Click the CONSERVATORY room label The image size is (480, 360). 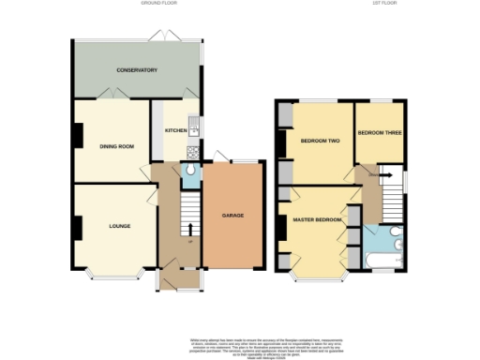point(136,70)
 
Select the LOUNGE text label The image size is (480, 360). point(119,226)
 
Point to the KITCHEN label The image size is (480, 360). point(176,130)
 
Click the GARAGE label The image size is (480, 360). point(232,216)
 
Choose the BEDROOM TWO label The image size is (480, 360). point(319,141)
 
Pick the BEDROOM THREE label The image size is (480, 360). point(380,133)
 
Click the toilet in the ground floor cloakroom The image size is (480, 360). point(189,170)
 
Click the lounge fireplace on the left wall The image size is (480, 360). point(78,226)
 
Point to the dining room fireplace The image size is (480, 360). point(78,137)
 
